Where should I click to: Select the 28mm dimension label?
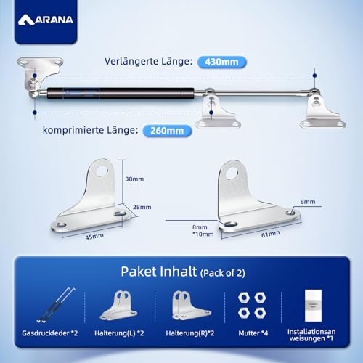142,207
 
